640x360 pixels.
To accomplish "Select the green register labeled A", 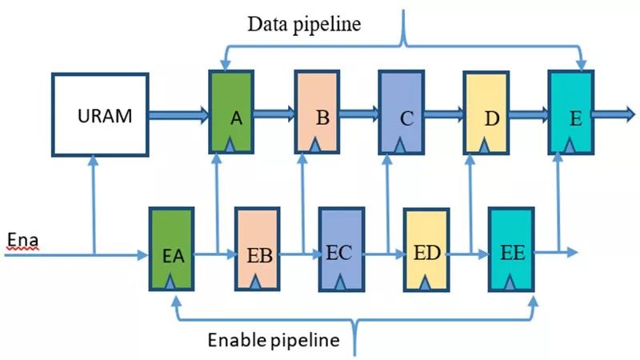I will pyautogui.click(x=230, y=112).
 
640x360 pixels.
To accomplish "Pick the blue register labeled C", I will pyautogui.click(x=400, y=112).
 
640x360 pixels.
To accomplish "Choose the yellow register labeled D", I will pyautogui.click(x=486, y=112).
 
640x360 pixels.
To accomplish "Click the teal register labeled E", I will pyautogui.click(x=570, y=112).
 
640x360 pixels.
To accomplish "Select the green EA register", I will pyautogui.click(x=171, y=248).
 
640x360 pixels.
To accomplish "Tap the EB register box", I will pyautogui.click(x=256, y=248).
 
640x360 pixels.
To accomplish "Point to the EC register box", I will pyautogui.click(x=341, y=248).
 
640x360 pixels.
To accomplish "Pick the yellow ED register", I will pyautogui.click(x=425, y=248).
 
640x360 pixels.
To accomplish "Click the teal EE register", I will pyautogui.click(x=510, y=248).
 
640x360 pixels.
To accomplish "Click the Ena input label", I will pyautogui.click(x=22, y=239).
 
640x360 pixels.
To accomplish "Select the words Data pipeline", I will pyautogui.click(x=303, y=24).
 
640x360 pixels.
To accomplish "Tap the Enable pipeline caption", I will pyautogui.click(x=274, y=341).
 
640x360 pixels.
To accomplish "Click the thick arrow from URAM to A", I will pyautogui.click(x=178, y=115).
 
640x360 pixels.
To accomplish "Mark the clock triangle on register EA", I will pyautogui.click(x=171, y=282).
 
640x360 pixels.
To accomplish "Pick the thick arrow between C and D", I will pyautogui.click(x=442, y=115).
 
